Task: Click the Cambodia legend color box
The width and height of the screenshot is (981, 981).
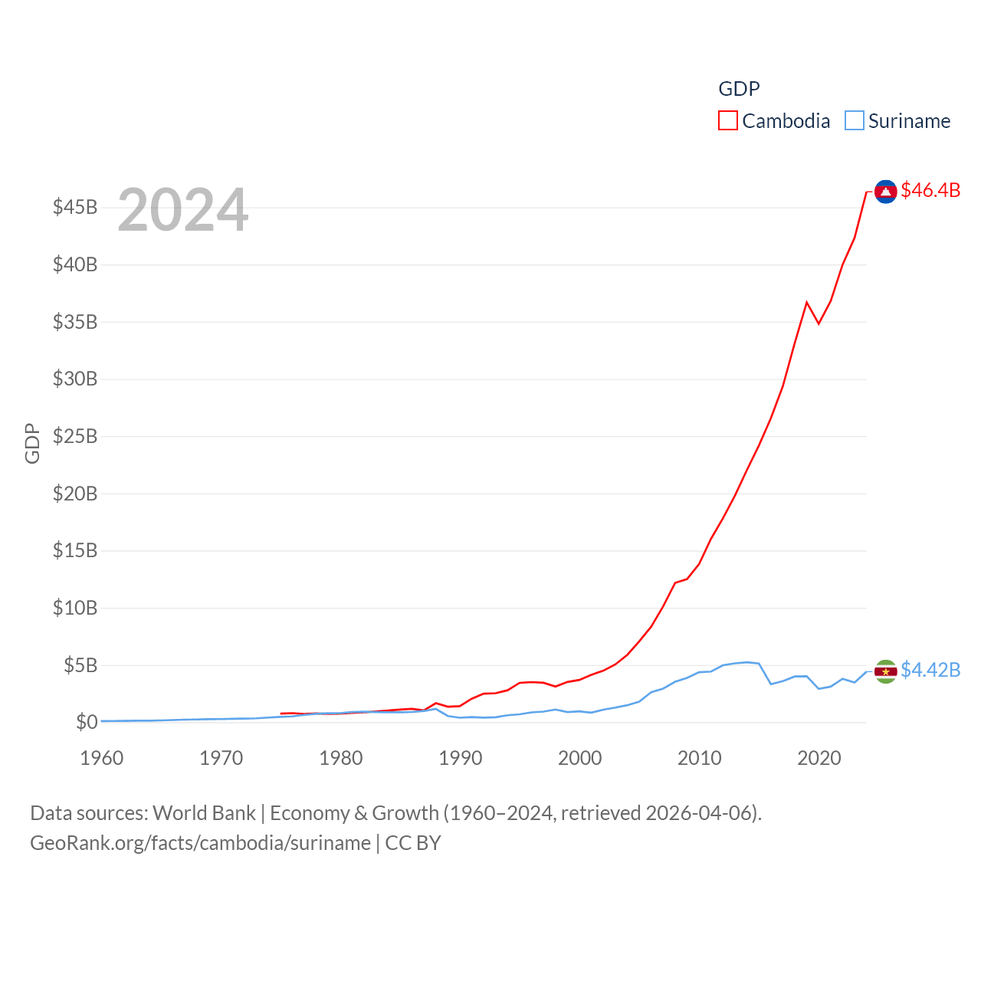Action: point(727,121)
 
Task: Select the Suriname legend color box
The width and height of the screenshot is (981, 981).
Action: point(854,121)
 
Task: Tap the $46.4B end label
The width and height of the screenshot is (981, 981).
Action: point(930,190)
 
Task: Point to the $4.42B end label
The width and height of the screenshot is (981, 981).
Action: point(930,670)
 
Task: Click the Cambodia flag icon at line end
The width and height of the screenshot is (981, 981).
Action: point(885,192)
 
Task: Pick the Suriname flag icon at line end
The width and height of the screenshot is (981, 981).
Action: point(885,671)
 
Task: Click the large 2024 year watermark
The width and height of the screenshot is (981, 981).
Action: point(182,209)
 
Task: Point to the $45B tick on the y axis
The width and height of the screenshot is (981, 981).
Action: point(75,207)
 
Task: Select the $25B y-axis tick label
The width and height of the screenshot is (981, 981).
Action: point(75,436)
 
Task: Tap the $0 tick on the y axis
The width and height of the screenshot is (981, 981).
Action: point(87,722)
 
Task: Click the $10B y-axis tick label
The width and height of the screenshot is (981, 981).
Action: point(75,608)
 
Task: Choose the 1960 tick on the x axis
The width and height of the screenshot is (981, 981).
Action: point(102,758)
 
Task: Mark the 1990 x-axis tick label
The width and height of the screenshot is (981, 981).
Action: point(461,758)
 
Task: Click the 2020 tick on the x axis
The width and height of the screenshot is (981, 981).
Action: point(819,758)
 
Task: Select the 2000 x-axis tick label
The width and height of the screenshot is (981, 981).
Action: point(580,758)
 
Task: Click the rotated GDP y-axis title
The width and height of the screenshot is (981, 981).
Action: point(32,443)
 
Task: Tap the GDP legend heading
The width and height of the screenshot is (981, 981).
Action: point(739,89)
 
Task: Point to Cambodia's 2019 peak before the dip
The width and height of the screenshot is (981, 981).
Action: point(807,303)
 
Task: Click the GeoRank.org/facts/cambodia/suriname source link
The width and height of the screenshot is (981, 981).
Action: point(200,843)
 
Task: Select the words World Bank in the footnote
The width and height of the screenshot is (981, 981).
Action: point(204,813)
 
